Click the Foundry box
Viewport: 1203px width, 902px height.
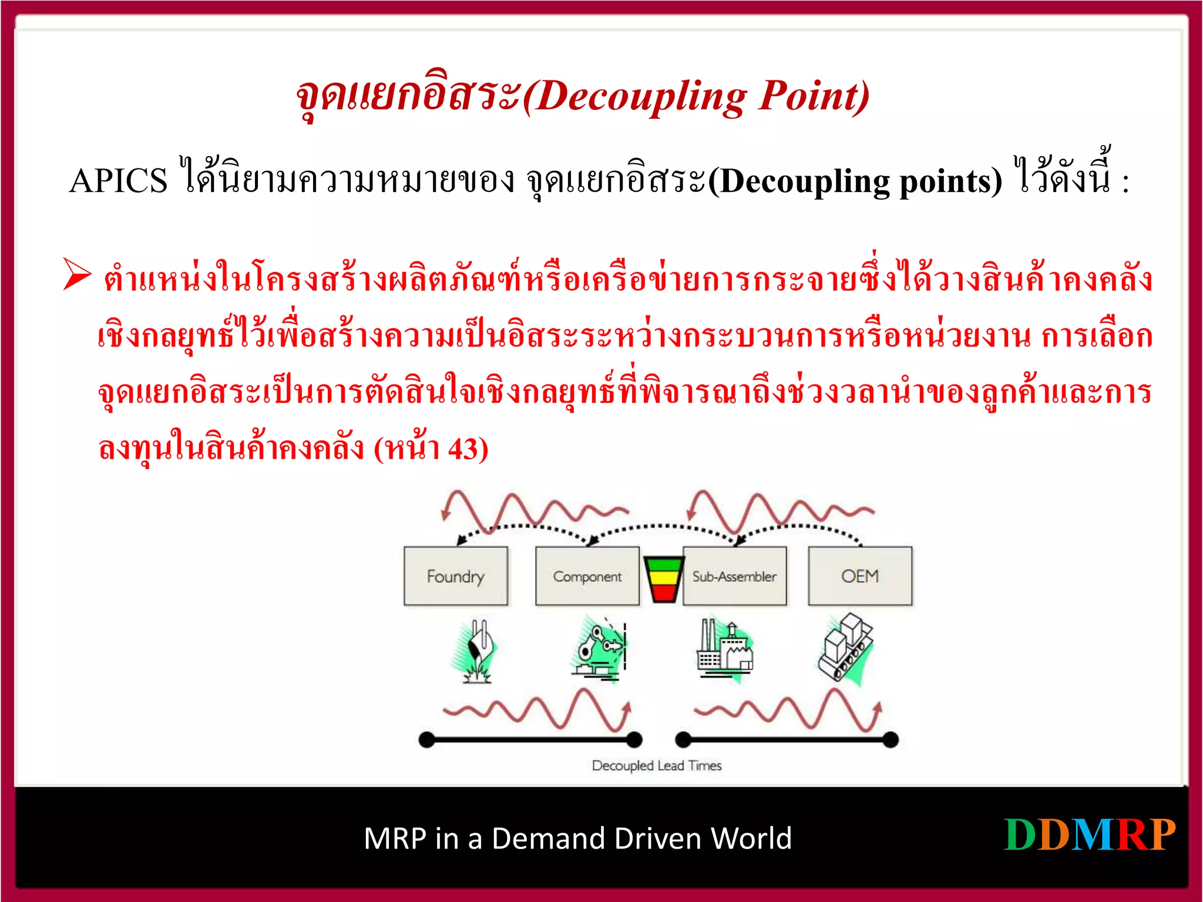[x=456, y=576]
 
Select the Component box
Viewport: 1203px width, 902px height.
[x=587, y=576]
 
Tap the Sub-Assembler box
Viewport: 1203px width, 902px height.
[x=734, y=576]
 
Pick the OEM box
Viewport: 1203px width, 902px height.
[x=860, y=576]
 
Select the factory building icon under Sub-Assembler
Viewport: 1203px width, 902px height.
[x=724, y=649]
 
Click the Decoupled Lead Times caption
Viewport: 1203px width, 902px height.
[x=657, y=766]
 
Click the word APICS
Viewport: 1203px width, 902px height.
[x=118, y=181]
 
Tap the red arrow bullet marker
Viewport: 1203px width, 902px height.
[x=77, y=275]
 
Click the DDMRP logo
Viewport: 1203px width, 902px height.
[x=1090, y=835]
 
